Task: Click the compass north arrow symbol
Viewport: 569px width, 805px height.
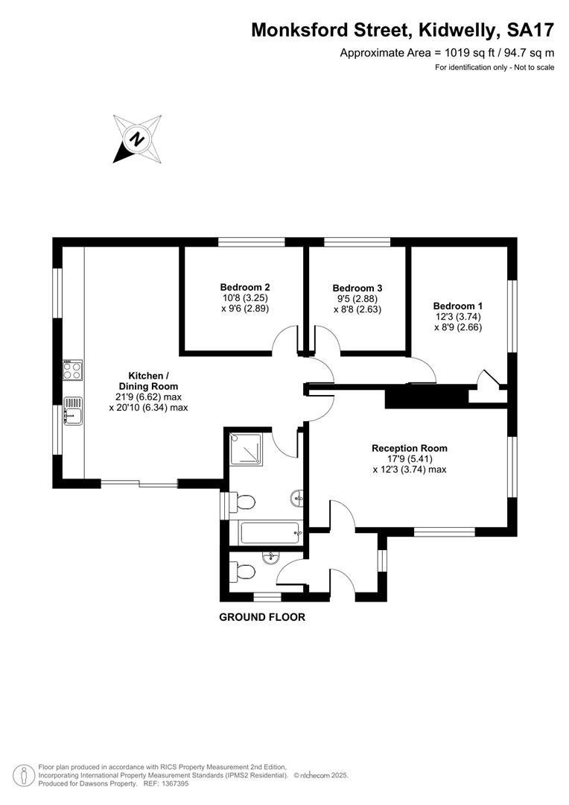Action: (138, 139)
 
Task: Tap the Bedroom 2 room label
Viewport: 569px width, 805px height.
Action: (245, 287)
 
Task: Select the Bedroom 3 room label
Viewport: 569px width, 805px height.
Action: (357, 288)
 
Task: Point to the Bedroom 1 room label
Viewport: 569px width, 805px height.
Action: (458, 306)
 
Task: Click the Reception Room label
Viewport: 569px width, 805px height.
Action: (410, 448)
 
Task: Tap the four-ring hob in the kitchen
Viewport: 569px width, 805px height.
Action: (72, 370)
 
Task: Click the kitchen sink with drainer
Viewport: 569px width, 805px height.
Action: (73, 411)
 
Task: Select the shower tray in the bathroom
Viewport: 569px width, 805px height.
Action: (246, 449)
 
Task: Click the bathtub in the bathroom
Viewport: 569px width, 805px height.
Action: (270, 533)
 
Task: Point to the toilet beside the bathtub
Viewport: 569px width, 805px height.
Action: (241, 502)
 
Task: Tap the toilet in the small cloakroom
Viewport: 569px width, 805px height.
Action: (242, 572)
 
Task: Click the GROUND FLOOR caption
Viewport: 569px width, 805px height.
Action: (262, 617)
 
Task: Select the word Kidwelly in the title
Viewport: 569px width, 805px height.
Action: (459, 31)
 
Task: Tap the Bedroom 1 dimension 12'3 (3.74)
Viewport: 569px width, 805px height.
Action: (458, 317)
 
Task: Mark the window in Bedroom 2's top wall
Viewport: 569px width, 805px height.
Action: (252, 241)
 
